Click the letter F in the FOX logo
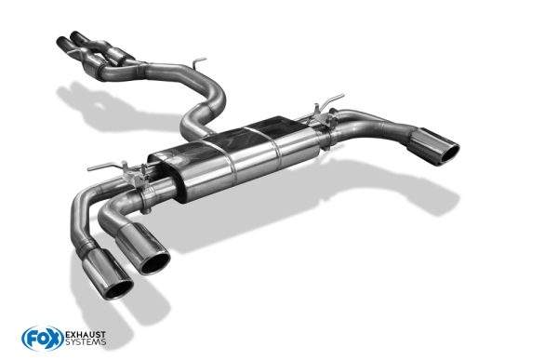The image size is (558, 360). point(28,336)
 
